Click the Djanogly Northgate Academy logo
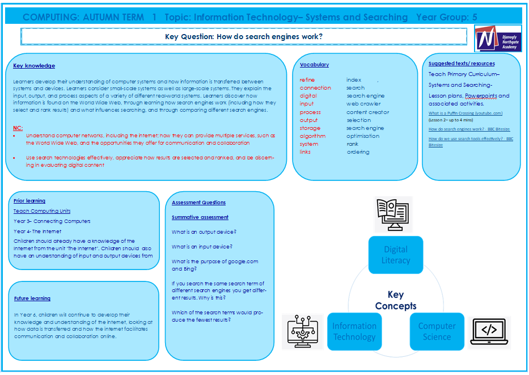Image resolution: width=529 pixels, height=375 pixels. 497,38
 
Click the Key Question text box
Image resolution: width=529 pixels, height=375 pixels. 244,37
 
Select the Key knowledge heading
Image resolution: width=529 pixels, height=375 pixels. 34,66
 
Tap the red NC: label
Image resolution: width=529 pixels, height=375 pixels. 18,128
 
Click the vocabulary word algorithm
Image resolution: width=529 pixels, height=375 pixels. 312,136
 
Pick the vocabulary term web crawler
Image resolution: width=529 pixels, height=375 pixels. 363,104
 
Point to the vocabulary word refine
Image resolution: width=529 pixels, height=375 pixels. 307,80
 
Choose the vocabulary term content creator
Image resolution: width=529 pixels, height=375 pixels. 368,112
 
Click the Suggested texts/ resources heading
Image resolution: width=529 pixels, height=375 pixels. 462,64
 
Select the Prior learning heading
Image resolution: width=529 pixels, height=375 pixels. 29,201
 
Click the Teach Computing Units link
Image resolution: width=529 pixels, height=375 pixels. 42,211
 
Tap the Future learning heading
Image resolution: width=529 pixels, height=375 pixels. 32,298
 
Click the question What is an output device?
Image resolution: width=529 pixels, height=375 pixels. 204,231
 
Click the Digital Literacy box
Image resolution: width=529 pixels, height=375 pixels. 396,255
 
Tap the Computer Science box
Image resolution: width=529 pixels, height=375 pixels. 437,331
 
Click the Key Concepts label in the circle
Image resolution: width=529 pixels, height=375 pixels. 395,300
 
